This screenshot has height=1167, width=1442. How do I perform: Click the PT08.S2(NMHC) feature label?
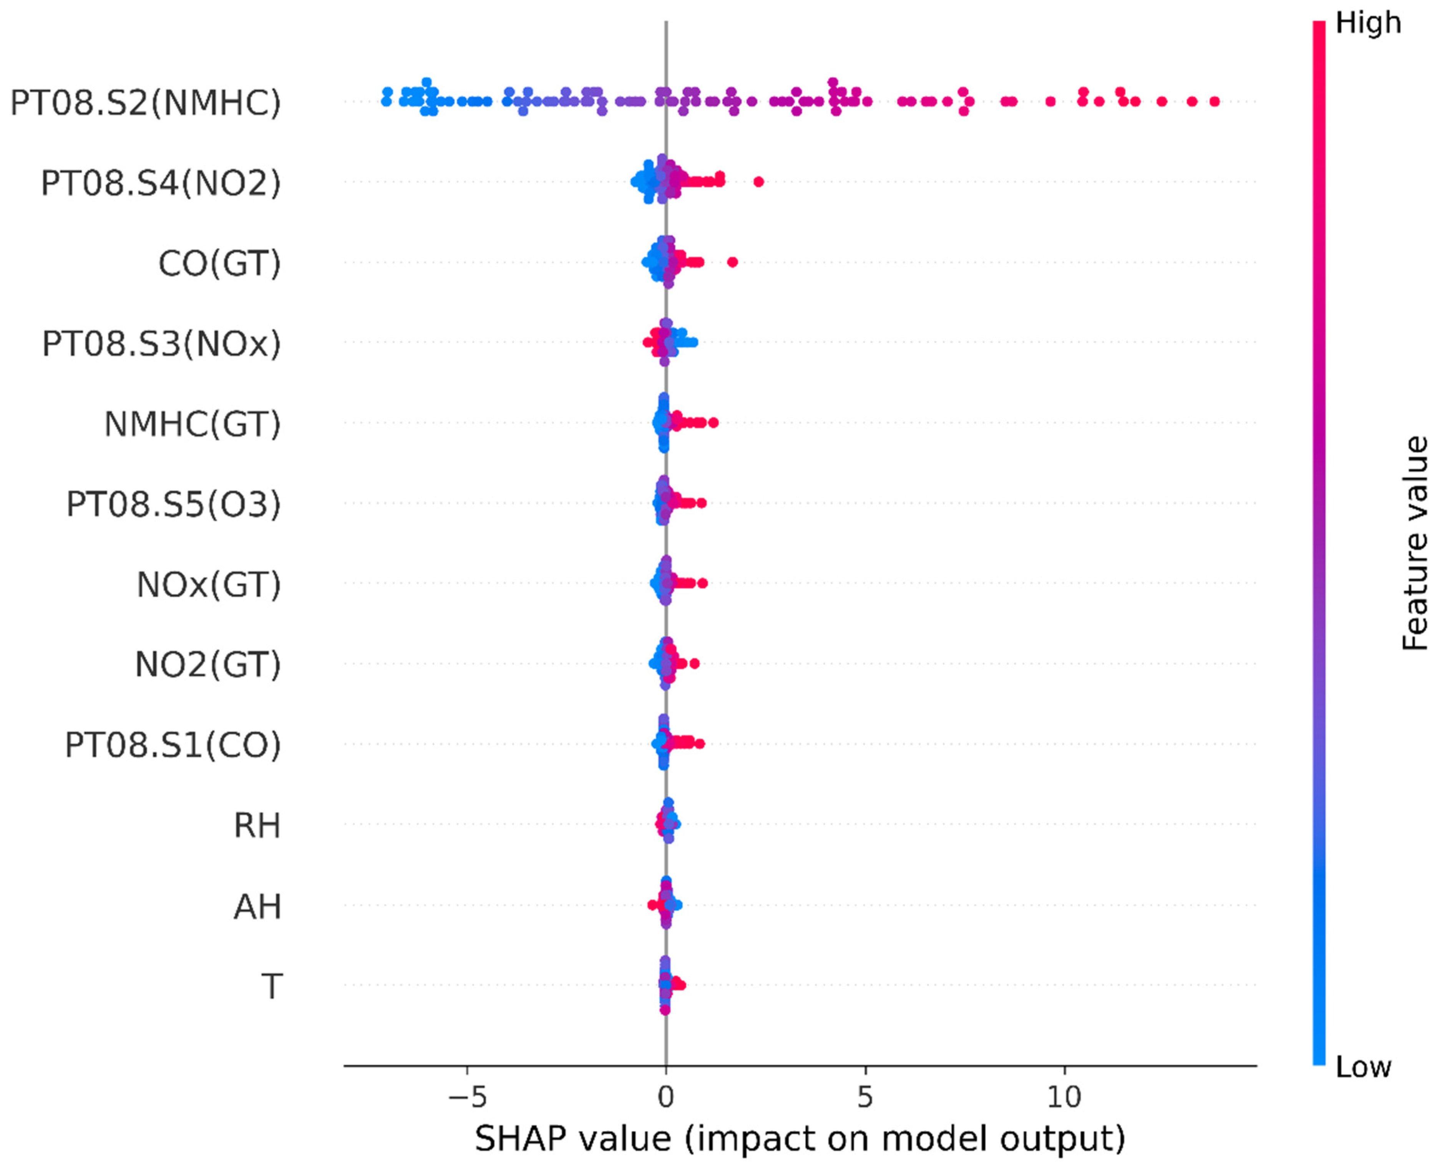[x=145, y=103]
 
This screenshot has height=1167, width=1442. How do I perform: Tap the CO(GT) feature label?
[x=219, y=264]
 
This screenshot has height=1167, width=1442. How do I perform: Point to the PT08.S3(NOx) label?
[x=161, y=343]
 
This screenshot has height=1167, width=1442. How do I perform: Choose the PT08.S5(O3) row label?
[x=173, y=504]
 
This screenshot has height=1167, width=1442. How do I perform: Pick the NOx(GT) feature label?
[x=208, y=585]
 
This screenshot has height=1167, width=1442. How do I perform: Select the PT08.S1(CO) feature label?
[x=173, y=745]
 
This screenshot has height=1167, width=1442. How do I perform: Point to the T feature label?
[x=272, y=986]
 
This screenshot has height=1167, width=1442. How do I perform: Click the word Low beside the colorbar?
[x=1363, y=1068]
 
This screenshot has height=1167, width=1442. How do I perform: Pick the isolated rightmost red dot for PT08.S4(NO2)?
[x=758, y=181]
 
